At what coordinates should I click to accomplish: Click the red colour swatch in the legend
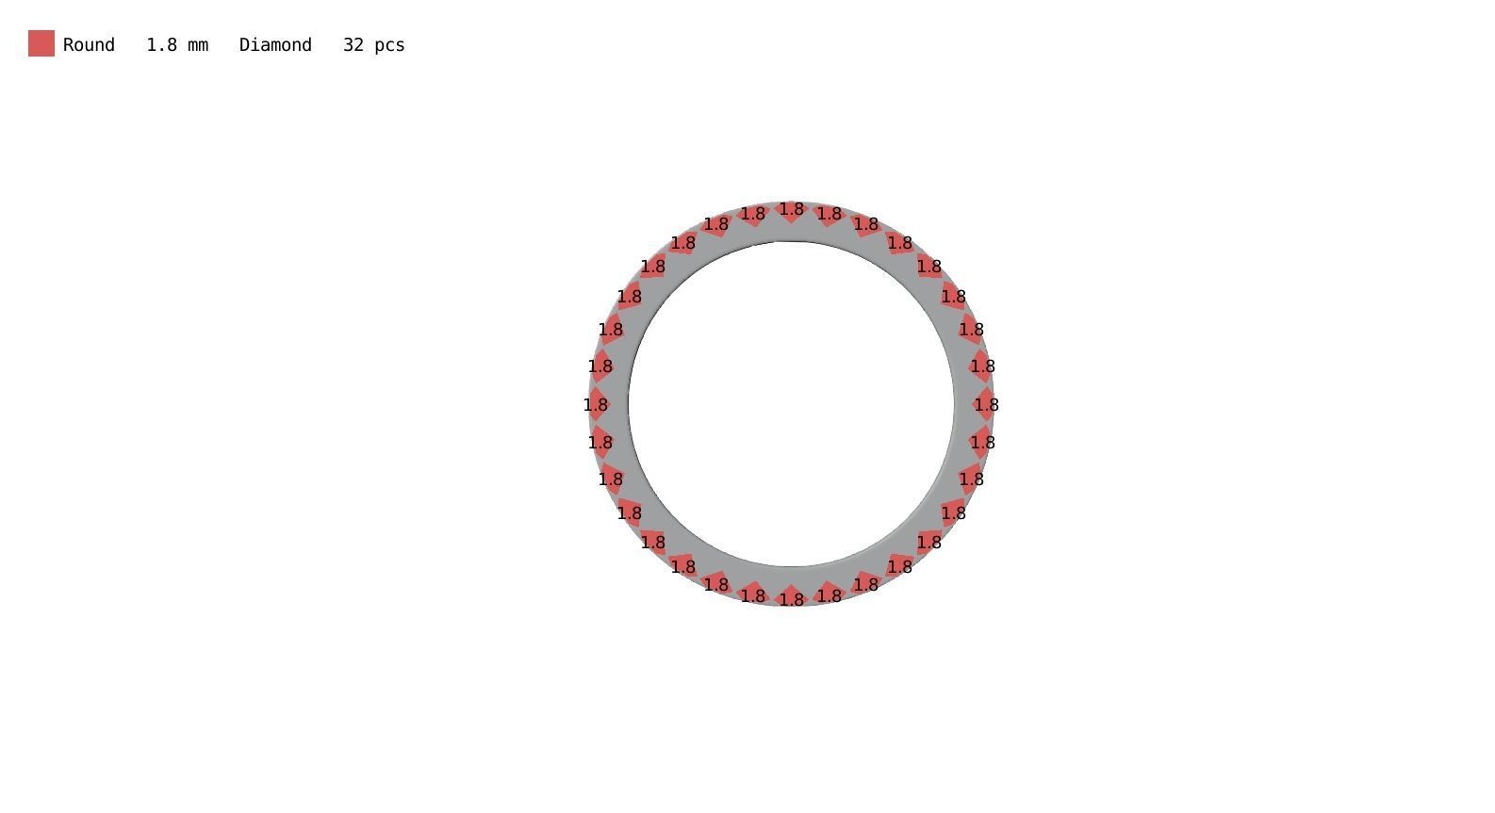click(41, 43)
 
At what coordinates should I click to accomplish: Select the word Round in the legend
click(89, 45)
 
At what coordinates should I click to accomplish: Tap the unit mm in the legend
click(197, 45)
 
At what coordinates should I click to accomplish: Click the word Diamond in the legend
click(275, 45)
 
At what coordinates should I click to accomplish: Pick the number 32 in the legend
click(353, 45)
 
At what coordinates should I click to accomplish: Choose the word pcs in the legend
click(389, 45)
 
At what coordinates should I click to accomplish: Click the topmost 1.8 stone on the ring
click(792, 209)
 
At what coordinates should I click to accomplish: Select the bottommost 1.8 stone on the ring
click(792, 599)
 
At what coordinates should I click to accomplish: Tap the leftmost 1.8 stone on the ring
click(596, 405)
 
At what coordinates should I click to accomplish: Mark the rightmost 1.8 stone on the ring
click(986, 405)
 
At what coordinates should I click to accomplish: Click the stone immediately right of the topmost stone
click(830, 214)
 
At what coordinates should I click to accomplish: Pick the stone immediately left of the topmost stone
click(753, 214)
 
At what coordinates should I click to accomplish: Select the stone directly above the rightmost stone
click(982, 366)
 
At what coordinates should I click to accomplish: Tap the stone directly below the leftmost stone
click(600, 442)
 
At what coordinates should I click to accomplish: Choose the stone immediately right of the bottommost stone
click(830, 595)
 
